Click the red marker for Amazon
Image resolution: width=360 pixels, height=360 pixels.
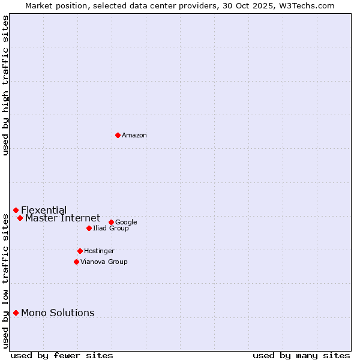118,135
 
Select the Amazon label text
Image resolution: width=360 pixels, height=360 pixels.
134,136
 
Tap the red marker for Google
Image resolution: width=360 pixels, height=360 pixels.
111,222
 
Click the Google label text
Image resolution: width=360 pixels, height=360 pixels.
126,223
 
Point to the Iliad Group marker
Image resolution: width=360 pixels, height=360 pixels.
89,228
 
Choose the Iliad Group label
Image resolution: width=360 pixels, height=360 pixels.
111,229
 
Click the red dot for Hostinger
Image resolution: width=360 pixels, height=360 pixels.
80,251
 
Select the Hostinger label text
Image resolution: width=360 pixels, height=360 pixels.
99,251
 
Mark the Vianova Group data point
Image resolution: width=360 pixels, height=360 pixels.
76,262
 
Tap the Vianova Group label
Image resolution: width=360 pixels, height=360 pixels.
104,262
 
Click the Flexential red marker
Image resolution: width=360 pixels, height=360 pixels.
16,210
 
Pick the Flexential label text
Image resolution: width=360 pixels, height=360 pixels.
44,211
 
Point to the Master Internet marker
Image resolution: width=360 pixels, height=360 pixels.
20,218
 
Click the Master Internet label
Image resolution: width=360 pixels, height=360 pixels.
62,218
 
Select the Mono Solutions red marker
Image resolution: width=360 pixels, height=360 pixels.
16,313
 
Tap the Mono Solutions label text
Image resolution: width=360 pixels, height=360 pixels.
58,313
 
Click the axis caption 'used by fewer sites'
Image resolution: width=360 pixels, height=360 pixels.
62,356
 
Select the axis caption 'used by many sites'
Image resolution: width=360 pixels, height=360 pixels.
301,356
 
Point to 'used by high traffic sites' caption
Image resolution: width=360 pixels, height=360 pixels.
6,85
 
